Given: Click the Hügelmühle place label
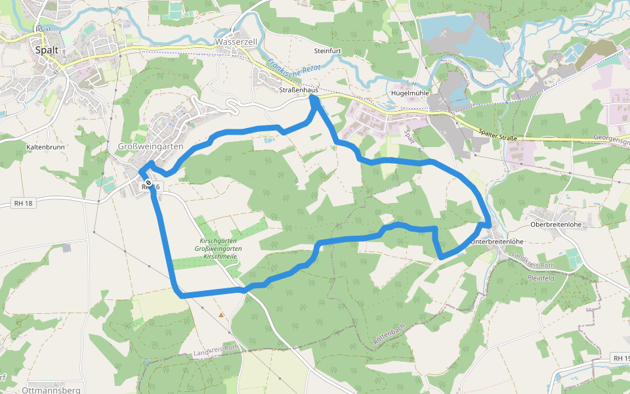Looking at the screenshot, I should pos(409,93).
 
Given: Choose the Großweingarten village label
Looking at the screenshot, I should pos(150,146).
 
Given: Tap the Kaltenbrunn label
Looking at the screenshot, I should pos(46,147).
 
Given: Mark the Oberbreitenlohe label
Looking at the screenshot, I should pos(556,225).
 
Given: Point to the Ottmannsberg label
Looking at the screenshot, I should pos(51,390).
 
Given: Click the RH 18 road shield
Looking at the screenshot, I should pos(23,204).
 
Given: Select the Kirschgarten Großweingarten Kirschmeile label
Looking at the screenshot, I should pos(219,249).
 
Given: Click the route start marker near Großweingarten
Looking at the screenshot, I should pos(149,183).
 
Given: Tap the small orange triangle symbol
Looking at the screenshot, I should pos(222,315).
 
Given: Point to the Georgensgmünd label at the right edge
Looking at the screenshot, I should pos(611,139).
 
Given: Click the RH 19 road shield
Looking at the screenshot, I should pos(620,358).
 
